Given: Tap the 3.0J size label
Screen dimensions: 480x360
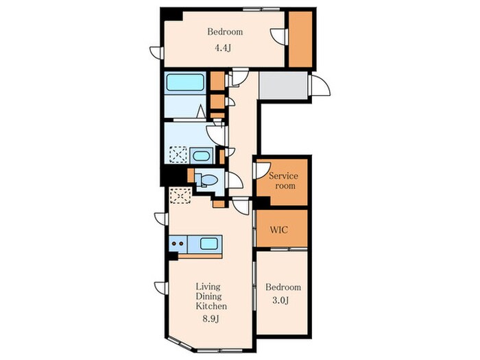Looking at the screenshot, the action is [x=280, y=300].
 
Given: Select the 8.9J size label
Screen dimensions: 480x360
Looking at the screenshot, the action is [x=211, y=320].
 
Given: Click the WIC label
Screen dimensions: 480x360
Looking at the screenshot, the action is [x=278, y=230].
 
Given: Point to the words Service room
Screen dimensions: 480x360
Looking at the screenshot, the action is [x=283, y=180].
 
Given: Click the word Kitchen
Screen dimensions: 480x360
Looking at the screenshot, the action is [x=211, y=306].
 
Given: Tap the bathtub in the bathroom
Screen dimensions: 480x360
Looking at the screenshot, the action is [x=185, y=82].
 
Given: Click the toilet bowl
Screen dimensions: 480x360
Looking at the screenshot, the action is [x=208, y=180].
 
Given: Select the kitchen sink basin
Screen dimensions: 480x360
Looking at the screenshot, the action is [x=208, y=243].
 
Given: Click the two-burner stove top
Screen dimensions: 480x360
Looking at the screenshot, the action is [x=178, y=243].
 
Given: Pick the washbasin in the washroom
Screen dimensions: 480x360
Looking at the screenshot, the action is [x=202, y=156].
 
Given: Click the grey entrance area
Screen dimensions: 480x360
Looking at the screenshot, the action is [x=283, y=86].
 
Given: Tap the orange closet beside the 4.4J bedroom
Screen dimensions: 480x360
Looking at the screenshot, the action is [x=300, y=39].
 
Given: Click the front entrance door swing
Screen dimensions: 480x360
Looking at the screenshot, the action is [x=321, y=86].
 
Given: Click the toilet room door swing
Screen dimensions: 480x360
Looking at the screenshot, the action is [x=235, y=180].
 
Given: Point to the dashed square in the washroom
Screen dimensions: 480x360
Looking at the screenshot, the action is [x=178, y=154].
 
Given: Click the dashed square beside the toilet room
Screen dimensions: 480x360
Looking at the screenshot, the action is [x=180, y=195].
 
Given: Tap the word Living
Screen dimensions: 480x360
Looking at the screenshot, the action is [x=208, y=287].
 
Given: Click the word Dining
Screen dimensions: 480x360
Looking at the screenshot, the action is [x=208, y=296].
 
